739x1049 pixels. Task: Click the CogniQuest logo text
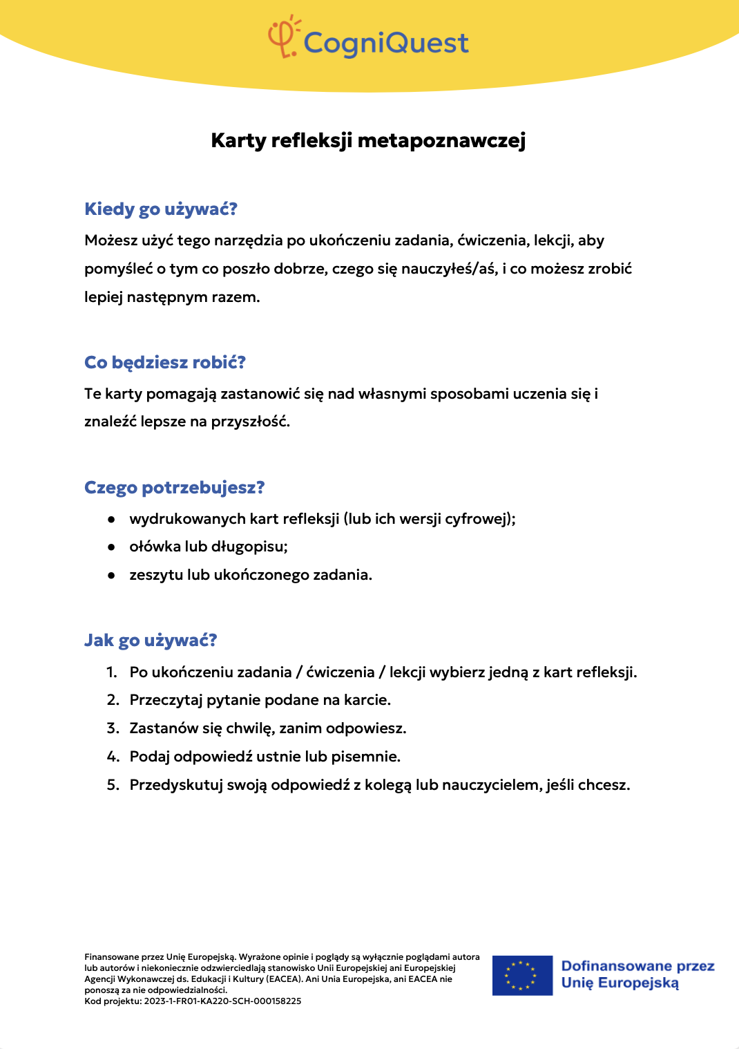386,43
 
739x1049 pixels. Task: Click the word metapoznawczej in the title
441,140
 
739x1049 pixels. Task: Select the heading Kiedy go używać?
160,209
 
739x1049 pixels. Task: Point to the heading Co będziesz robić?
164,363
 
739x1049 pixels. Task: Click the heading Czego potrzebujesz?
174,488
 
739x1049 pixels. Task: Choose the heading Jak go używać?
150,641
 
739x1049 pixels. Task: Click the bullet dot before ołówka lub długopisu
111,547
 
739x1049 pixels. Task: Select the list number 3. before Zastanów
113,728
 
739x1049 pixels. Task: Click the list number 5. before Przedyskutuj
113,785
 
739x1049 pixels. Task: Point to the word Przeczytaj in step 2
166,700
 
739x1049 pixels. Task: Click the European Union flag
522,975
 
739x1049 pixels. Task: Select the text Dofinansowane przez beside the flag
637,966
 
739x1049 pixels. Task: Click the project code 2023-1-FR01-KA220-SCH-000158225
222,1001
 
